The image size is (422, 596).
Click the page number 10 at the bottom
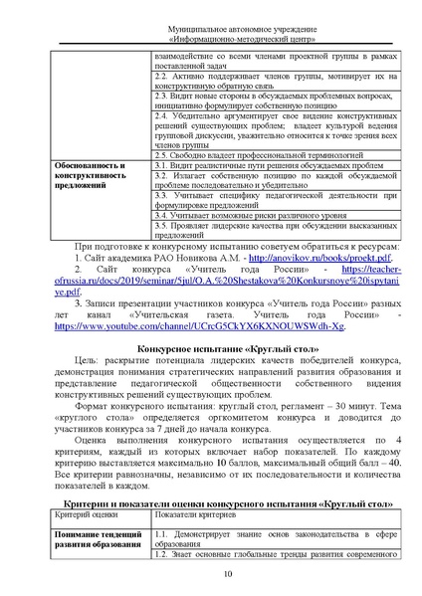click(228, 575)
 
